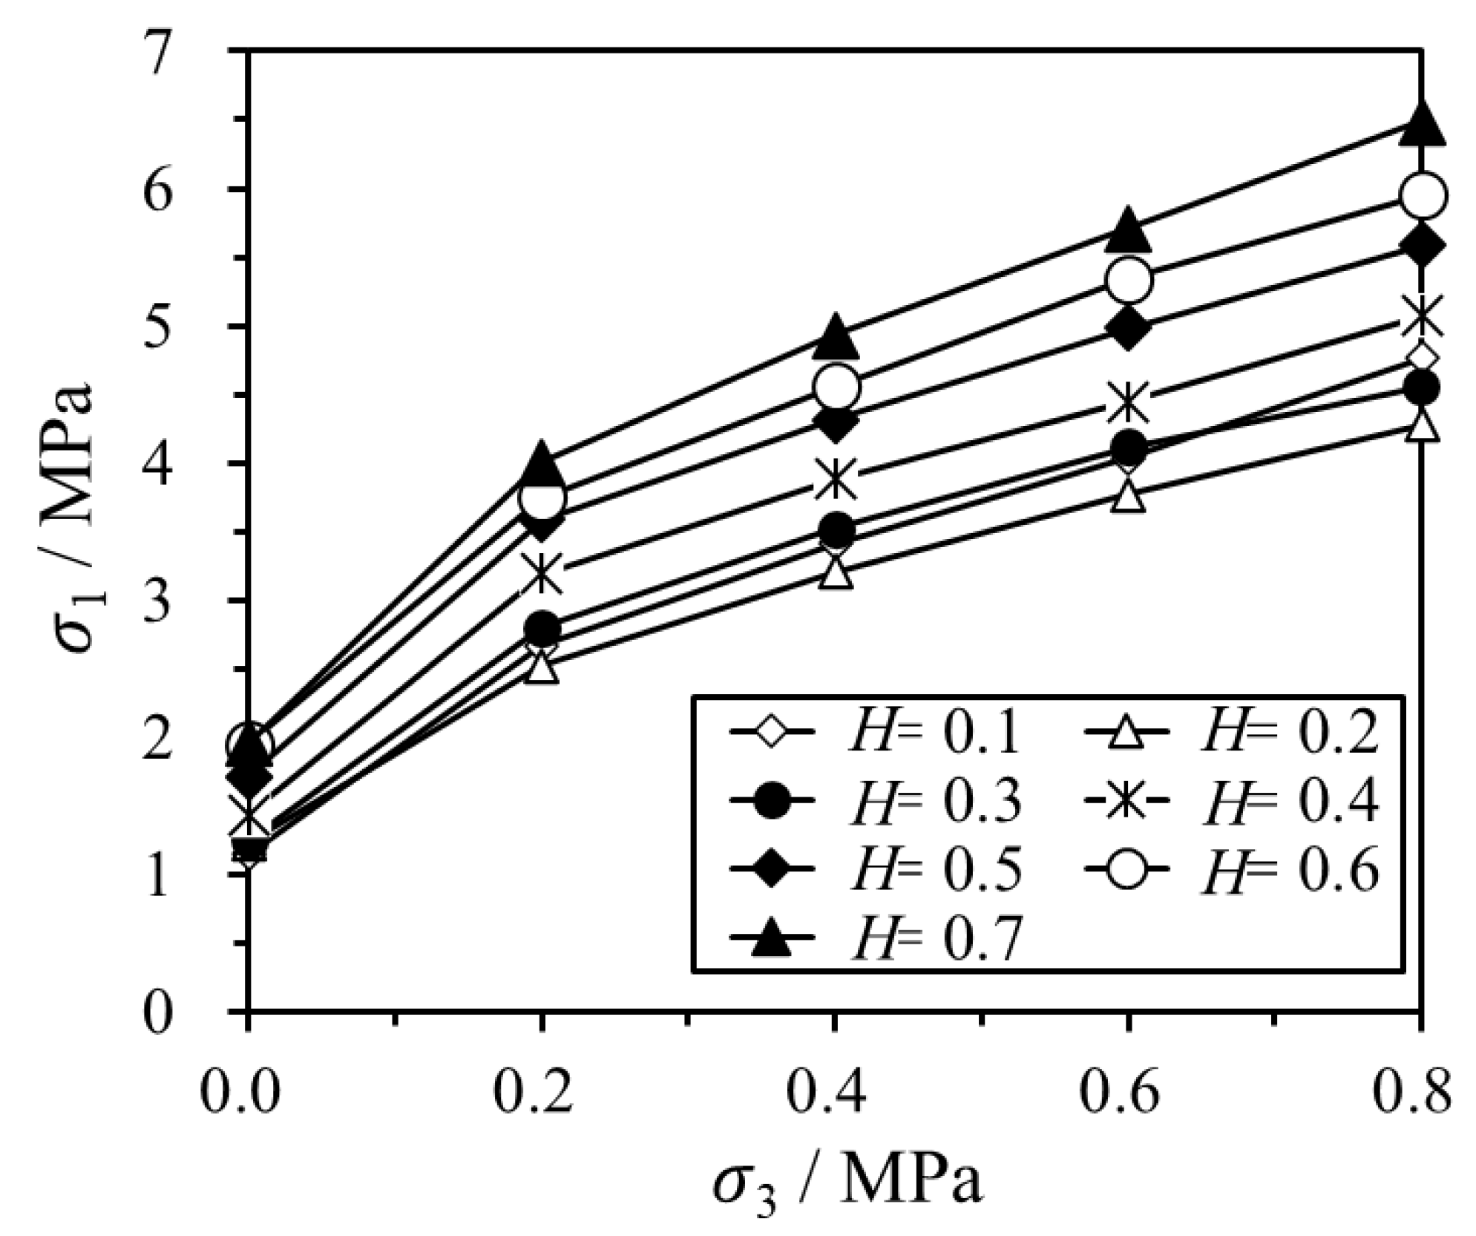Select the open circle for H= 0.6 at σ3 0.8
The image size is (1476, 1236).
(1420, 195)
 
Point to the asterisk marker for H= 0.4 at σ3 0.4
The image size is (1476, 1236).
(836, 479)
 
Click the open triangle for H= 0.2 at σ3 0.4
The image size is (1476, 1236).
(836, 572)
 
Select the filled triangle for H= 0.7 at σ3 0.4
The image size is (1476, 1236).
(836, 335)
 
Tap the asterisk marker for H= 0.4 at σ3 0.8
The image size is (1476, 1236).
(1420, 315)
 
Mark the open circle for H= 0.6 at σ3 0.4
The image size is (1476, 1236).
(836, 387)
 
